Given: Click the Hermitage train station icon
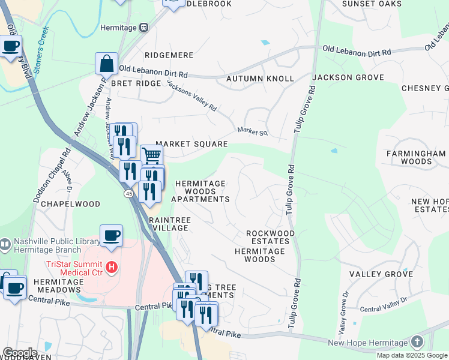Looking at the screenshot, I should (144, 27).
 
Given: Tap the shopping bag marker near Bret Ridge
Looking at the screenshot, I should (106, 63).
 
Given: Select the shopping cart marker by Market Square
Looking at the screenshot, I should (152, 155).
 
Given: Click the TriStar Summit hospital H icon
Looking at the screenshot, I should (110, 266).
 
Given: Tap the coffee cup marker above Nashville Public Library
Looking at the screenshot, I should (111, 235).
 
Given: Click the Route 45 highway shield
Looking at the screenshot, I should (129, 194).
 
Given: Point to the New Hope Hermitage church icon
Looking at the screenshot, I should (417, 342).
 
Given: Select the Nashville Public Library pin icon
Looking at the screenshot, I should (6, 245).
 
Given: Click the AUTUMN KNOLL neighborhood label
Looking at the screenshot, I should (260, 79).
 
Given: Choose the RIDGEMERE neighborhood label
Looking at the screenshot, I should (168, 55).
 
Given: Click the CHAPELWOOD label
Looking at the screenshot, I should (75, 204).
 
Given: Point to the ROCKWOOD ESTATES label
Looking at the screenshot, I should (271, 237).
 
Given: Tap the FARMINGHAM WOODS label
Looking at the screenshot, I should (417, 157).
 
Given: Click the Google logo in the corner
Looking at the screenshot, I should (20, 352).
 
